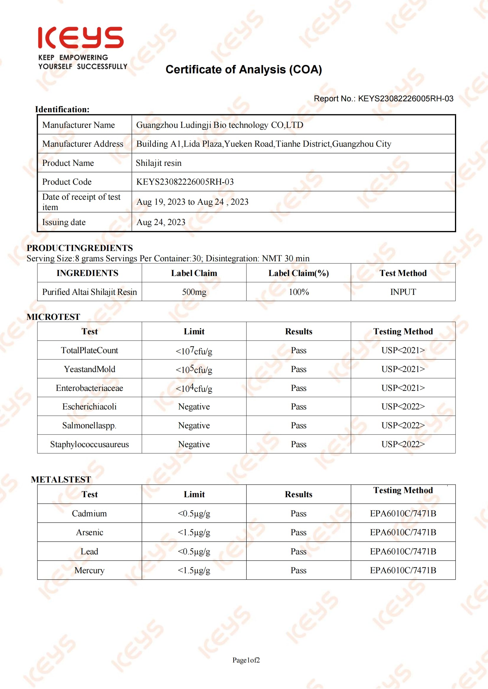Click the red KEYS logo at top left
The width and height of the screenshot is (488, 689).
pos(81,38)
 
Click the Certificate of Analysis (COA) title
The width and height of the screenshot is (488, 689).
pos(244,70)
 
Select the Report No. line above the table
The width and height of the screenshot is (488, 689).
pos(383,99)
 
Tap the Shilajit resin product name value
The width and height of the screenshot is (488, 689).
pos(159,163)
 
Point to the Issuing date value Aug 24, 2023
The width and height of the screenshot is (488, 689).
pos(161,222)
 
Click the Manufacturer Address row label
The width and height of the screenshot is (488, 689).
pos(83,144)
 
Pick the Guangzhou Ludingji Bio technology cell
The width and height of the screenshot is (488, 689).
pos(220,125)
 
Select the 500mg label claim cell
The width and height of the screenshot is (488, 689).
pos(194,292)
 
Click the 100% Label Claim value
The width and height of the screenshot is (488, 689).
pos(299,292)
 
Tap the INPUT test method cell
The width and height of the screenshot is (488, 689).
pos(403,292)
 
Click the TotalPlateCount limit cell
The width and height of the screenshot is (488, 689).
pos(194,351)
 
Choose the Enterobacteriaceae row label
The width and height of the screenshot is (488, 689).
pos(90,388)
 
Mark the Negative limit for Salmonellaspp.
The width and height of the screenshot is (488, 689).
pos(194,426)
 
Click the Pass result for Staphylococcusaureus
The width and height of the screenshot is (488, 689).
pos(299,445)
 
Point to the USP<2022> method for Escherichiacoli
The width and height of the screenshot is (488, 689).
pos(403,407)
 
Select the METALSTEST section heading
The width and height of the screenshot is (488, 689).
pos(61,480)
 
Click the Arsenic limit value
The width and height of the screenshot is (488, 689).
pos(194,532)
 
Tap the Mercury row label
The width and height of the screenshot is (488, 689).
pos(90,570)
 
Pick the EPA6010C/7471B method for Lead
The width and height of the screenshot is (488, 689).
pos(403,551)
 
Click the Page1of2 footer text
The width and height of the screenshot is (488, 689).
pos(246,660)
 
